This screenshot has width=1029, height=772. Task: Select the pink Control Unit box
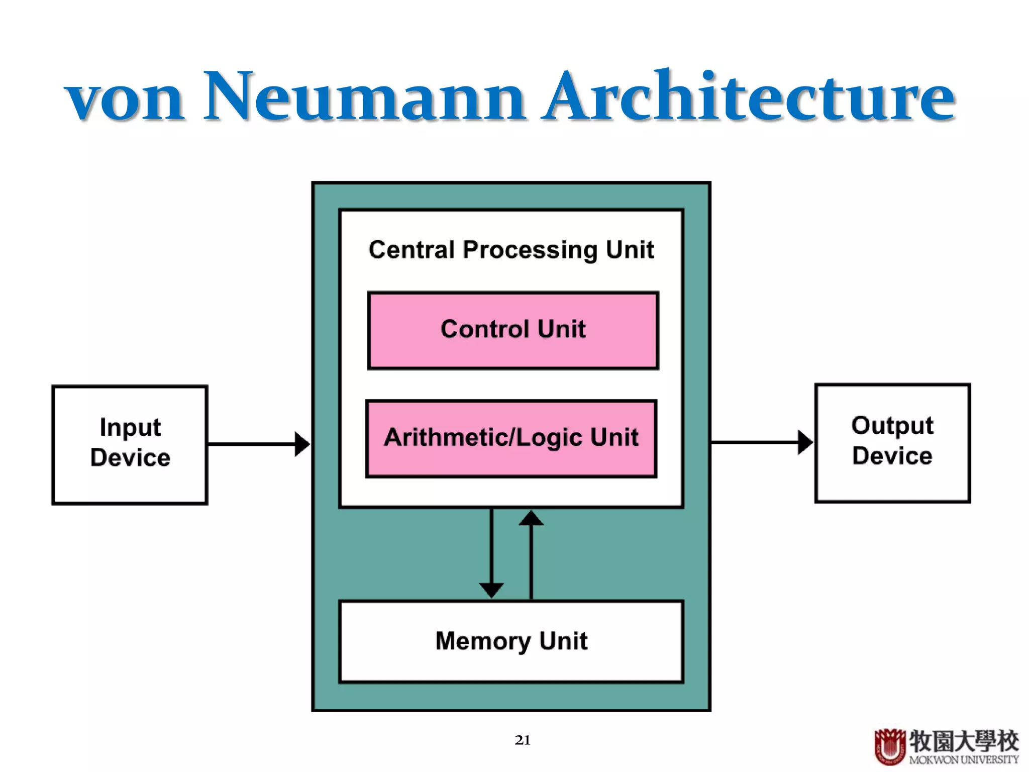(x=512, y=330)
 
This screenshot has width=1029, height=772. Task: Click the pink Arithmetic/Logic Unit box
(x=511, y=438)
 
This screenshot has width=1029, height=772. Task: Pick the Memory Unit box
(x=511, y=641)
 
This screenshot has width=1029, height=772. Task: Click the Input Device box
(x=130, y=444)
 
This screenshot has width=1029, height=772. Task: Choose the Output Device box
(x=892, y=443)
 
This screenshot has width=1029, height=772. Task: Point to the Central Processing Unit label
(x=511, y=250)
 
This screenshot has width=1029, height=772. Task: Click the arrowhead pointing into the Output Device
(x=804, y=442)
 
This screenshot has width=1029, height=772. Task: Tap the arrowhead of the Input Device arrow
(x=301, y=444)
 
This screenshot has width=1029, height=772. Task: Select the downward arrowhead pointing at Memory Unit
(x=491, y=590)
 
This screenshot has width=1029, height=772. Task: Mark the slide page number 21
(x=523, y=740)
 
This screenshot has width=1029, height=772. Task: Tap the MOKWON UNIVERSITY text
(x=963, y=759)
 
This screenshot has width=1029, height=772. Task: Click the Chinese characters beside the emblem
(x=963, y=740)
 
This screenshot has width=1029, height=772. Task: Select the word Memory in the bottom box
(x=483, y=642)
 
